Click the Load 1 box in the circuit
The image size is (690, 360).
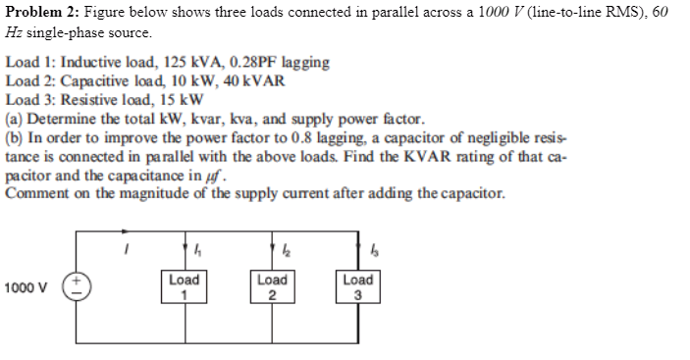[x=185, y=287]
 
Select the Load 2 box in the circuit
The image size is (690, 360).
[x=272, y=287]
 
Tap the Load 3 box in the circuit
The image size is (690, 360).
[x=358, y=287]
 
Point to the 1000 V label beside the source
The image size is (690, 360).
[x=25, y=288]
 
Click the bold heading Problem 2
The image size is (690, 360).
[x=38, y=12]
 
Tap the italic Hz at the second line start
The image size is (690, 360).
[x=15, y=31]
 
